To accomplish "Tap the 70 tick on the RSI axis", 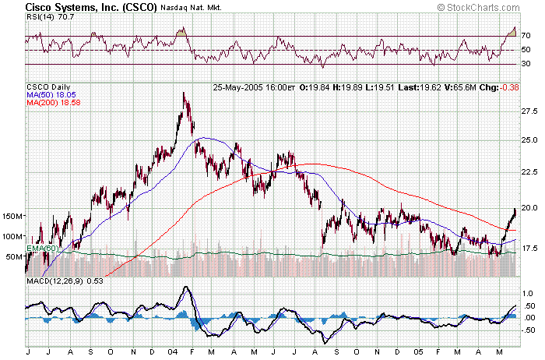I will tap(526, 36).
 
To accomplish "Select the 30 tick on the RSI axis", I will tap(526, 64).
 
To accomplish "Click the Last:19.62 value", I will tap(420, 86).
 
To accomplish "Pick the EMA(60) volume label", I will tap(42, 249).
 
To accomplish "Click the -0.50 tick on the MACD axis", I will tap(528, 330).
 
